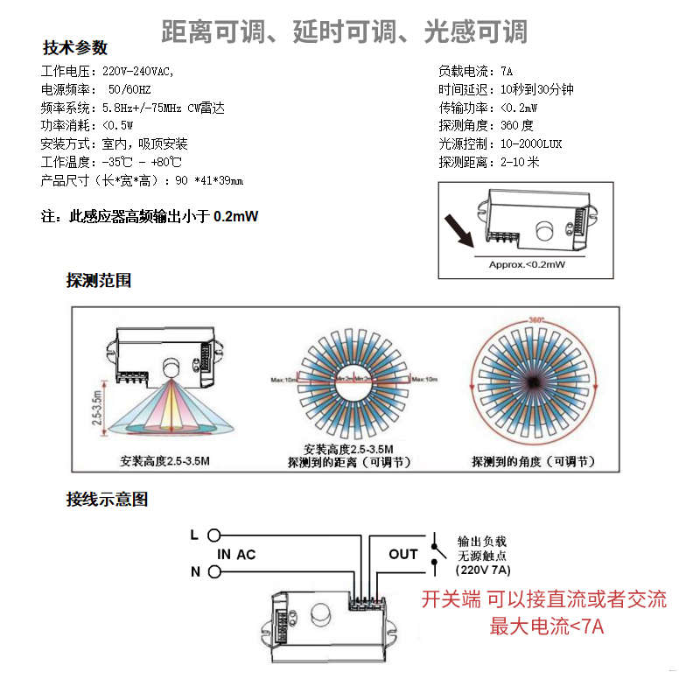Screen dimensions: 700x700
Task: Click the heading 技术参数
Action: (x=75, y=47)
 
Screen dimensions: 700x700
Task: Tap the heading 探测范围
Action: (x=99, y=280)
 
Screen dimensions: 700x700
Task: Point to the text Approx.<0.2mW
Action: (x=526, y=263)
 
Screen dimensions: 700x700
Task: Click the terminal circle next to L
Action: (x=213, y=535)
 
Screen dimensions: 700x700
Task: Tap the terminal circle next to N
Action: (x=213, y=571)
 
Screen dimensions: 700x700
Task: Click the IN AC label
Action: (x=236, y=554)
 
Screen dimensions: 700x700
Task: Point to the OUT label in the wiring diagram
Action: (x=403, y=554)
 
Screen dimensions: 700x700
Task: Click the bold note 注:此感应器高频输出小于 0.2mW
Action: (x=150, y=216)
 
